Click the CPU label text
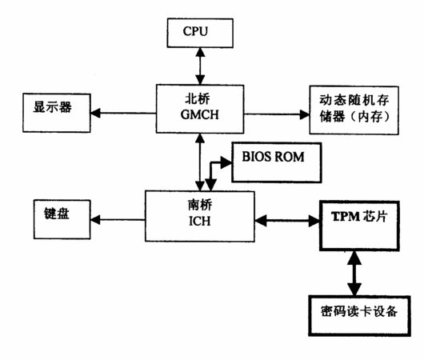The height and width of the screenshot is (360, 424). click(x=195, y=31)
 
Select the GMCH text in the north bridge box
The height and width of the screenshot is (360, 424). click(x=199, y=114)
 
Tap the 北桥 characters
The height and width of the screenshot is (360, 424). click(x=198, y=98)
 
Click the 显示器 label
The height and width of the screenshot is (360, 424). click(x=53, y=107)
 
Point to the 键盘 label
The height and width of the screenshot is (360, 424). click(x=57, y=214)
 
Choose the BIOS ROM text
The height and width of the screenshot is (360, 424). click(x=273, y=157)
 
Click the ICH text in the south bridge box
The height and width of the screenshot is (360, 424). click(x=199, y=221)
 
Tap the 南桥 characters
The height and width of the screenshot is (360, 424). click(x=200, y=206)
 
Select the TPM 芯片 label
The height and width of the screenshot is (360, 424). click(x=359, y=216)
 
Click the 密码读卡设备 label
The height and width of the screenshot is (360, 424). click(x=359, y=311)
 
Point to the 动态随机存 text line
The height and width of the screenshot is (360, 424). click(x=354, y=100)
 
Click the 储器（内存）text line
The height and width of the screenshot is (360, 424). click(x=354, y=117)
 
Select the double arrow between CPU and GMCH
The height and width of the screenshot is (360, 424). click(x=200, y=66)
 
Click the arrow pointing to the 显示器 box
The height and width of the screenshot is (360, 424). click(x=123, y=113)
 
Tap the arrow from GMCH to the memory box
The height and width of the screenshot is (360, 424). click(x=277, y=114)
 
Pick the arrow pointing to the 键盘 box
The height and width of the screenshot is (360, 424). click(x=118, y=219)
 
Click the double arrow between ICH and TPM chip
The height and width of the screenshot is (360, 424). click(x=287, y=221)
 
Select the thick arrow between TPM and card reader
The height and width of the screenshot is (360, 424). click(x=354, y=273)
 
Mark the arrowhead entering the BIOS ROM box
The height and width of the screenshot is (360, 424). click(x=226, y=162)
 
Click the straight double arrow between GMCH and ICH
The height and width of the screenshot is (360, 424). click(x=200, y=162)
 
